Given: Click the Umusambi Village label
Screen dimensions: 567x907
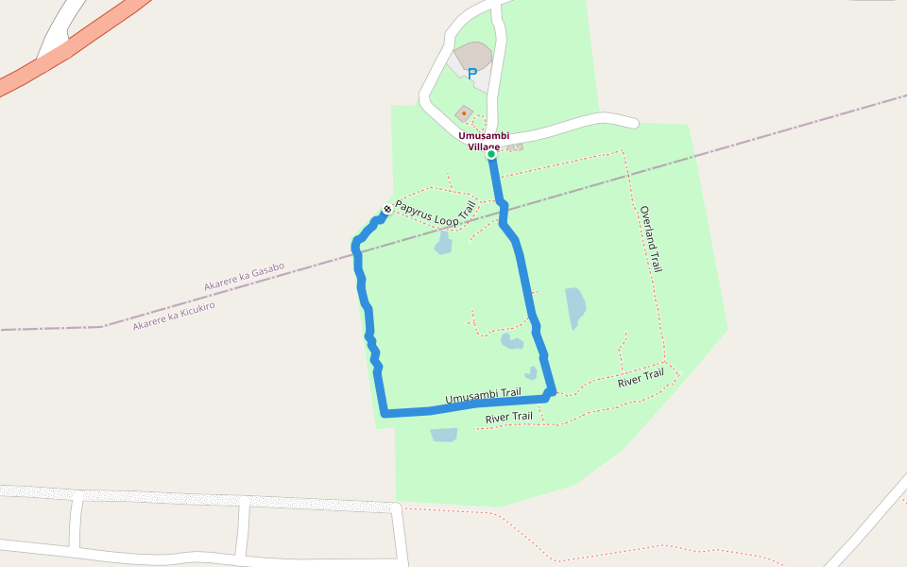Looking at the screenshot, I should click(x=483, y=141).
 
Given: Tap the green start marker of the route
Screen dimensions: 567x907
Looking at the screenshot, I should click(x=491, y=154).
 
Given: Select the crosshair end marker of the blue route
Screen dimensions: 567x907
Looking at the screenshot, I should click(x=386, y=209).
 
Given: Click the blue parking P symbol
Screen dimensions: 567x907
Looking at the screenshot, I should click(x=472, y=73).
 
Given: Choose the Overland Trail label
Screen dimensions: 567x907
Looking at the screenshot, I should click(x=650, y=239).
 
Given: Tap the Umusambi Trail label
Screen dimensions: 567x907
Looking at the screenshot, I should click(x=483, y=396).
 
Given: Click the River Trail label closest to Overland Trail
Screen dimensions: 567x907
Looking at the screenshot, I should click(x=641, y=379).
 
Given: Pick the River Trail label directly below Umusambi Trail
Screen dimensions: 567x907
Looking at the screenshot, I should click(x=508, y=417).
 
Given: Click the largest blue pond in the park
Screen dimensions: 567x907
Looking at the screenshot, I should click(x=575, y=307).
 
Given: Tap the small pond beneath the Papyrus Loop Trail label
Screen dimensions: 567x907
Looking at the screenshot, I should click(x=443, y=244).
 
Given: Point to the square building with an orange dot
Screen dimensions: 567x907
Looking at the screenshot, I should click(x=464, y=113).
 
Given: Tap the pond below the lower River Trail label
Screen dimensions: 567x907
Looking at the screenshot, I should click(x=444, y=435).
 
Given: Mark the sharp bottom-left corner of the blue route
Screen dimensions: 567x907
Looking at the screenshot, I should click(x=384, y=413).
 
